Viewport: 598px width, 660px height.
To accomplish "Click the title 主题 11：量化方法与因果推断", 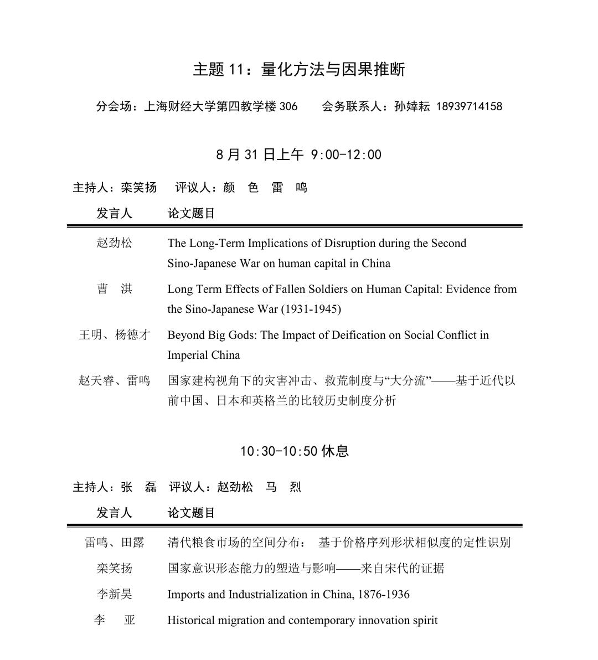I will tap(299, 69).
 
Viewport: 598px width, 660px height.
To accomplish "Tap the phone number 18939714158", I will tap(469, 106).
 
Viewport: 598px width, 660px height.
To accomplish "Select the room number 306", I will tap(288, 106).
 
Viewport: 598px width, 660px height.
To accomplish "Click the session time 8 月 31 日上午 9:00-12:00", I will tap(299, 154).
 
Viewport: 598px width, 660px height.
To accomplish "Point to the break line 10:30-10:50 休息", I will tap(295, 451).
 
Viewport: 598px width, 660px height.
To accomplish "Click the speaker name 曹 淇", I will tap(115, 289).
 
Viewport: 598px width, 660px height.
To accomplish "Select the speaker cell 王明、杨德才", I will tap(115, 335).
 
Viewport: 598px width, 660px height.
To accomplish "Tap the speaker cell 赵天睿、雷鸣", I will tap(115, 380).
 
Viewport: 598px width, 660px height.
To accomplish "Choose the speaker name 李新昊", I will tap(115, 595).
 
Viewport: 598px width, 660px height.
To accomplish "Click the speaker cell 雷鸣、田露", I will tap(115, 543).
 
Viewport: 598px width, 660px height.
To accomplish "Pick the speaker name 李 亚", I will tap(115, 620).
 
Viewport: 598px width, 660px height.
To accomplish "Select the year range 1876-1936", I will tap(384, 595).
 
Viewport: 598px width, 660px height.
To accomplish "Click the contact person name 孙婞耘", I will tap(412, 106).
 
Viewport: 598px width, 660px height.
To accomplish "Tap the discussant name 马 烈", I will tap(283, 487).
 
